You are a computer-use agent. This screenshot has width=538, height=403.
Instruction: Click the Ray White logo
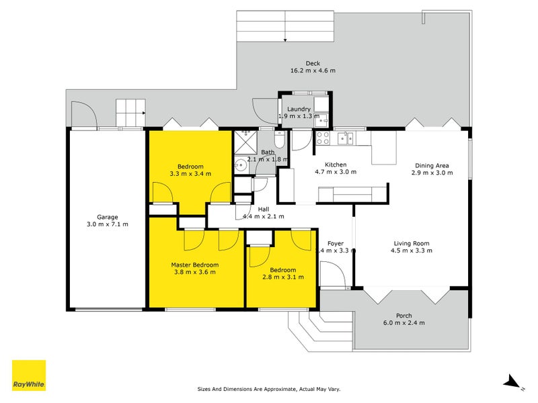coord(29,375)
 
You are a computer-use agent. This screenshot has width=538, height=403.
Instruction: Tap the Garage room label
coord(108,217)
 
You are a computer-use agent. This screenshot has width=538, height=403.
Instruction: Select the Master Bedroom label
coord(194,265)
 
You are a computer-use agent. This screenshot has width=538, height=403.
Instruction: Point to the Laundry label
coord(298,109)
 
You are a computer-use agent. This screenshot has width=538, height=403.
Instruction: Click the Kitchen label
coord(336,165)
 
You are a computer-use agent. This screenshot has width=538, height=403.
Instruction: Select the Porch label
coord(403,316)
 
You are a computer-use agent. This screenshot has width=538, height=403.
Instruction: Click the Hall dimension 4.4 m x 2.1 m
coord(263,216)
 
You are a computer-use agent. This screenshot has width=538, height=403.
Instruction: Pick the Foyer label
coord(336,244)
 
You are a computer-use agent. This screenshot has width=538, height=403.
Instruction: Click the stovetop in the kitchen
coord(322,138)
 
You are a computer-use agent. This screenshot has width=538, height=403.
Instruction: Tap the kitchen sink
coord(345,138)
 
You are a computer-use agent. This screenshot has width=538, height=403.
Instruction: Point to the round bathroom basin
coord(240,165)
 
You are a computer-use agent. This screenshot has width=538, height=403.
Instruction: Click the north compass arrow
coord(512,382)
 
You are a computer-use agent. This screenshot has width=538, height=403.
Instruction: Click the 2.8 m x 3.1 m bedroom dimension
coord(282,277)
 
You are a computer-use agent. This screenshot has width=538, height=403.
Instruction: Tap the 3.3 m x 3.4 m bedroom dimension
coord(190,173)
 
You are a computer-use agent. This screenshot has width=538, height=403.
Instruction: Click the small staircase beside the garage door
coord(130,112)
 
